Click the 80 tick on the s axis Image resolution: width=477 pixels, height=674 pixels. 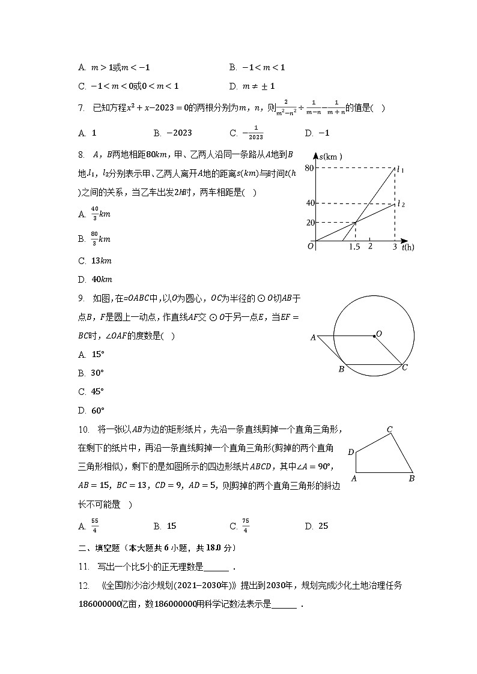[x=310, y=167]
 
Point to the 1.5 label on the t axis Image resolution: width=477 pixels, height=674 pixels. [x=354, y=247]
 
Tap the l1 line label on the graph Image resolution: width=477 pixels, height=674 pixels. [x=400, y=170]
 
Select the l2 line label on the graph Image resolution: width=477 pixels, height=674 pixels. [x=400, y=204]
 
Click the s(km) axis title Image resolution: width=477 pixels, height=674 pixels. [x=330, y=157]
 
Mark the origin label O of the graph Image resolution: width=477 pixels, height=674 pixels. [x=311, y=245]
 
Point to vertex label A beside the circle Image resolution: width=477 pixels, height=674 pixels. [x=313, y=338]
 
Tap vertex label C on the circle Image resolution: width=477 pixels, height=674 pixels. [x=404, y=367]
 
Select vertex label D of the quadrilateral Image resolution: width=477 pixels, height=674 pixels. [x=351, y=452]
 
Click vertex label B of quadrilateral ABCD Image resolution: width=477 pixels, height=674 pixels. [x=412, y=478]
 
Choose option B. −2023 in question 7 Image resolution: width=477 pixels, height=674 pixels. [x=172, y=133]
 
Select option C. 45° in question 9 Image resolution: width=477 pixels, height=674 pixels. [x=91, y=391]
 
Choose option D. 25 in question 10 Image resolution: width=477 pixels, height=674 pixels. [x=317, y=526]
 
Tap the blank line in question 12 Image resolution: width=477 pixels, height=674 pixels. [x=285, y=604]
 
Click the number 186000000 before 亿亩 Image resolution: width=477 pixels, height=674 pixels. [x=99, y=604]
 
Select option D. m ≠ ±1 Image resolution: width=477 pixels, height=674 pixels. [x=252, y=86]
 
